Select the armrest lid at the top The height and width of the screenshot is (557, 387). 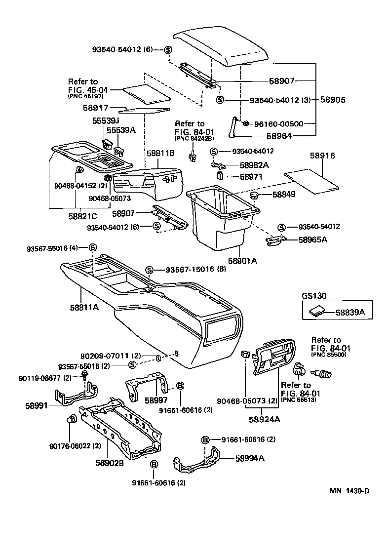(222, 48)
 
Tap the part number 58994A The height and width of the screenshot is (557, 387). (250, 458)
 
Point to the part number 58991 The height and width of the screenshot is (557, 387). (37, 405)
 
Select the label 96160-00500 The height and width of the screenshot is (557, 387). (282, 124)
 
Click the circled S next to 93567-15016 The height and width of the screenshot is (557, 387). (150, 269)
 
